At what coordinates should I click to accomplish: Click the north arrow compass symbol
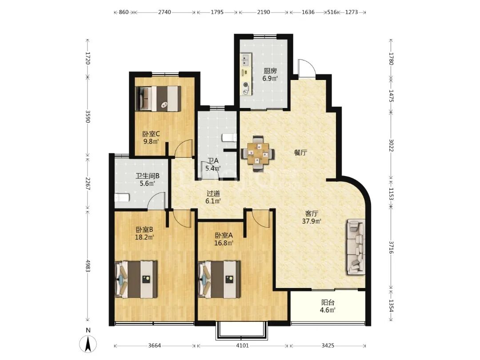tap(88, 344)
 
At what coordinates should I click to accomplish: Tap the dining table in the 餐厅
tap(258, 153)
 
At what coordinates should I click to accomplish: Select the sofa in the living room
tap(356, 247)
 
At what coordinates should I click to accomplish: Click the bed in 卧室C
tap(158, 98)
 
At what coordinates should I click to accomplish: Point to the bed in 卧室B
tap(136, 279)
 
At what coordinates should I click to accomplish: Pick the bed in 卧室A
tap(219, 279)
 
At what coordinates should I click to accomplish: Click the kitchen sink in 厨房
tap(245, 60)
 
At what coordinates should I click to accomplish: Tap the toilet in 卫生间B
tap(122, 198)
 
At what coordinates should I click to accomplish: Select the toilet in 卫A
tap(229, 138)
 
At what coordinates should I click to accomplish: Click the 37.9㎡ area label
tap(311, 221)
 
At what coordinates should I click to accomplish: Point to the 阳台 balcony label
tap(328, 303)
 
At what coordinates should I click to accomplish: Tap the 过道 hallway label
tap(213, 193)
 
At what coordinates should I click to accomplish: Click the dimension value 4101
tap(243, 346)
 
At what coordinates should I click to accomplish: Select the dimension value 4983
tap(88, 266)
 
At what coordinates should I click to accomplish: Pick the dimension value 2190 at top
tap(263, 12)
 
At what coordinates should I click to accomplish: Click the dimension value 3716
tap(391, 247)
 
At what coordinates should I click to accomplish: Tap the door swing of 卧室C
tap(184, 148)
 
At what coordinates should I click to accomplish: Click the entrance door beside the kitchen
tap(306, 68)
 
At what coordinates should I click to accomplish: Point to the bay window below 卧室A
tap(242, 331)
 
